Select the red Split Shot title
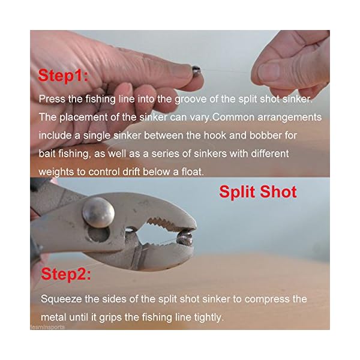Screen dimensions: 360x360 [x=257, y=192]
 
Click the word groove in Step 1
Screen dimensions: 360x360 [x=194, y=99]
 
